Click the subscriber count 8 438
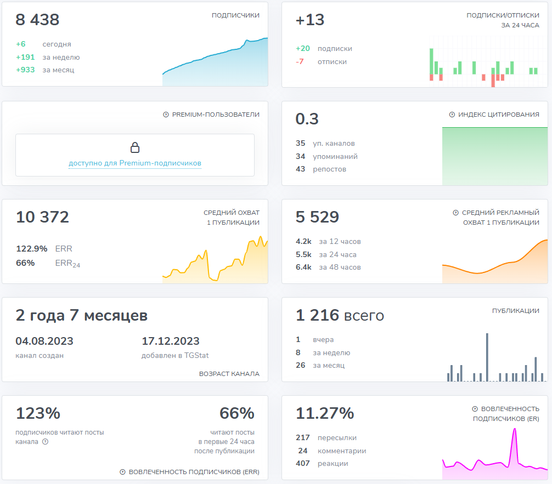37,20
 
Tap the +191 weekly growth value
25,57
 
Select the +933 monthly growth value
25,70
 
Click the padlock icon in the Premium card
135,147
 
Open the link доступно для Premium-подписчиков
135,163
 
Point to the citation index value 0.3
307,118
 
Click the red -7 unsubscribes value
300,61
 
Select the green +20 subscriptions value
302,48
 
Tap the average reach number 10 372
42,217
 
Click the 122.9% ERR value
32,248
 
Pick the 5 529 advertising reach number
317,217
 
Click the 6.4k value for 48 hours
303,267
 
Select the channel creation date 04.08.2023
44,341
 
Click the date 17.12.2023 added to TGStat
171,341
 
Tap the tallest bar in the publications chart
487,356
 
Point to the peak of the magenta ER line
515,430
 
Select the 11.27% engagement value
325,413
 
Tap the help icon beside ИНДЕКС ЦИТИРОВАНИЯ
452,115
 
